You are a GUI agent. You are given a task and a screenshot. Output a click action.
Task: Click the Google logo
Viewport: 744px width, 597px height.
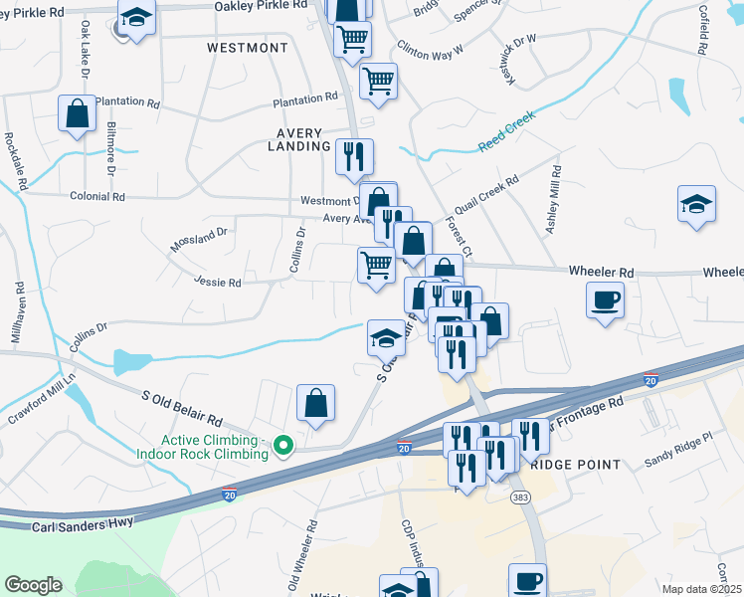click(33, 585)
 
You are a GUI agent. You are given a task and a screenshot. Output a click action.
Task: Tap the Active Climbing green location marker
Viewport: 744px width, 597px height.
click(282, 446)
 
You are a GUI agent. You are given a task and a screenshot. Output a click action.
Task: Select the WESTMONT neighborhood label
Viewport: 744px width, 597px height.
click(248, 48)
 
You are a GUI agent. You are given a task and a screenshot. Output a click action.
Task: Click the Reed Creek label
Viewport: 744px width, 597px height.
click(507, 130)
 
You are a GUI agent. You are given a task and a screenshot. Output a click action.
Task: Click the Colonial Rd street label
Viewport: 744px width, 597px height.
click(97, 197)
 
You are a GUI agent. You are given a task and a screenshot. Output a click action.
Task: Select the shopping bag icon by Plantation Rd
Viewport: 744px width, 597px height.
click(77, 113)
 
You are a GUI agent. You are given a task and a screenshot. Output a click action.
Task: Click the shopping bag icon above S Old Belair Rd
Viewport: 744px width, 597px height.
click(315, 403)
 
